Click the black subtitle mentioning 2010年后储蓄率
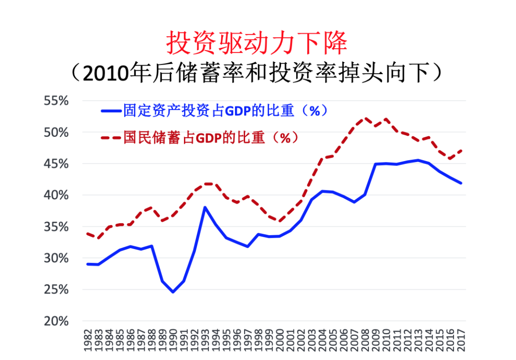click(257, 72)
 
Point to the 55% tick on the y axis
click(56, 101)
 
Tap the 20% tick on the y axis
click(56, 321)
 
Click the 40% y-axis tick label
click(56, 195)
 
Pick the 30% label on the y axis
click(56, 258)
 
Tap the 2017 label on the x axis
click(462, 339)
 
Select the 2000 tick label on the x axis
click(279, 339)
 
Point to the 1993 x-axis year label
click(204, 339)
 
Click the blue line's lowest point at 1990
click(172, 292)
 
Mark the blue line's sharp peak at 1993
click(204, 207)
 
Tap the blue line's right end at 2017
click(462, 183)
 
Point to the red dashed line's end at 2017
click(462, 150)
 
